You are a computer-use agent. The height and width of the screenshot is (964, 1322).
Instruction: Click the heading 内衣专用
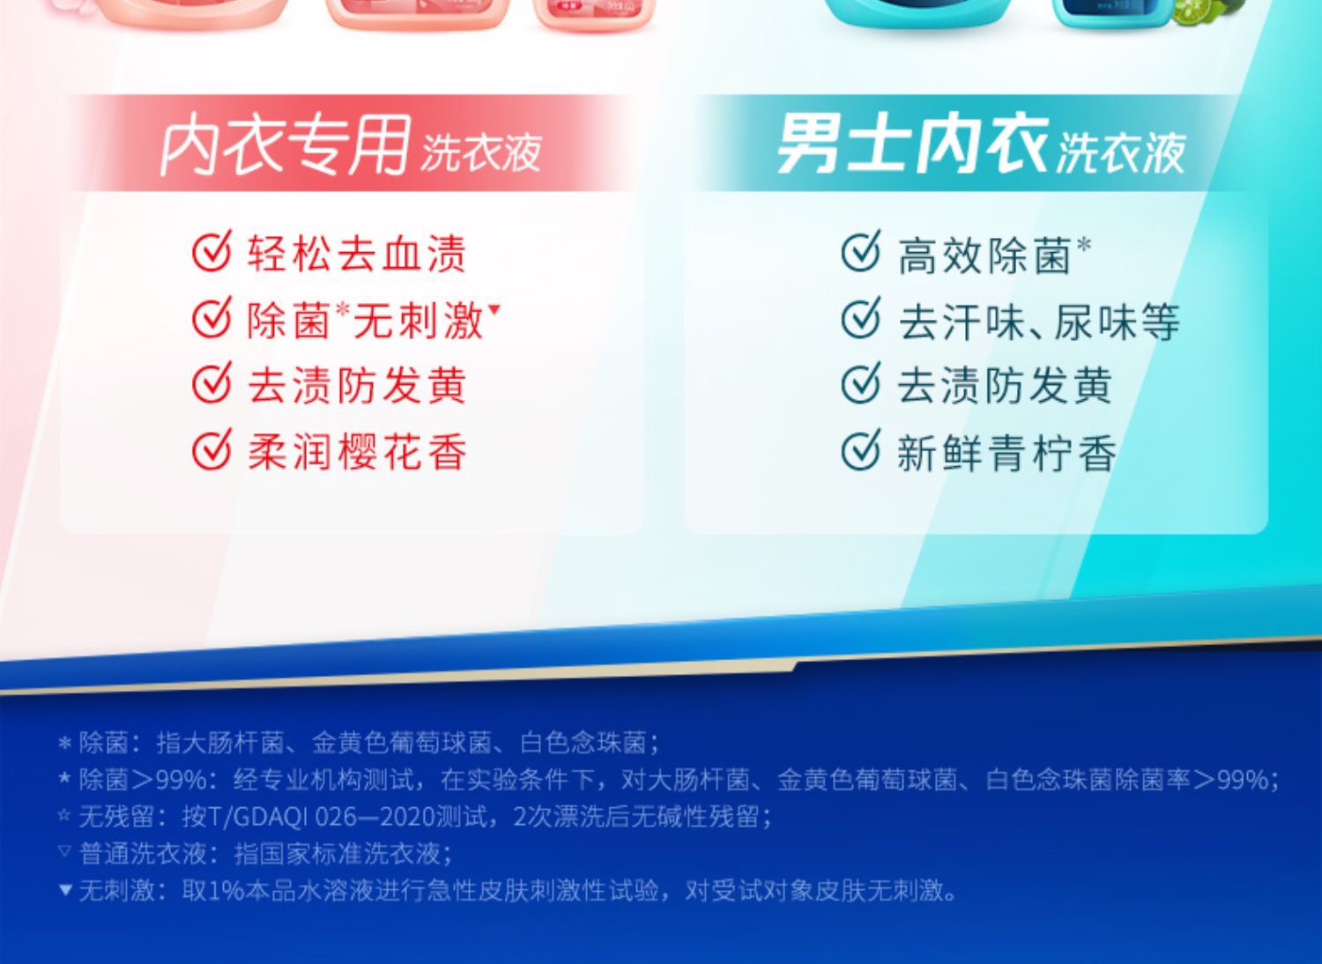[286, 145]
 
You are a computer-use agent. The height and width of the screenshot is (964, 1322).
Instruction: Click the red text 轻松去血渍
[357, 255]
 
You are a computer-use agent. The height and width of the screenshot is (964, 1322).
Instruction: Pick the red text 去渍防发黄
[357, 387]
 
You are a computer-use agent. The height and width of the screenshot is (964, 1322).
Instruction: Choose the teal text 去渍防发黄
[1005, 387]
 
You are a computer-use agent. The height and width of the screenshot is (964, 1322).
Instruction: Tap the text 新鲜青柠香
[1006, 453]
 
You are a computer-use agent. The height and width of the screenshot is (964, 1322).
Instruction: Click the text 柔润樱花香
[357, 453]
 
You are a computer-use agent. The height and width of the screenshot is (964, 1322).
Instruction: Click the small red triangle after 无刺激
[494, 308]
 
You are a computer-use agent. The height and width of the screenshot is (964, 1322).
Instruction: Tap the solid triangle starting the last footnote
[65, 889]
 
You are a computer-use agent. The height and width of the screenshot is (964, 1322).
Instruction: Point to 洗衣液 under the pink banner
[481, 152]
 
